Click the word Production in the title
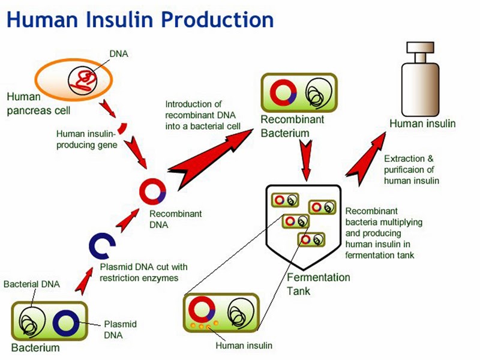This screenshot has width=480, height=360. pyautogui.click(x=217, y=20)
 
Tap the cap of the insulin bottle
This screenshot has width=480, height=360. pyautogui.click(x=420, y=47)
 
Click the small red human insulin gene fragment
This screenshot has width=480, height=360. pyautogui.click(x=122, y=128)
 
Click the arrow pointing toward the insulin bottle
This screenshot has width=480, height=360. pyautogui.click(x=366, y=159)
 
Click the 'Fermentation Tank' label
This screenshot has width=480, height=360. pyautogui.click(x=319, y=284)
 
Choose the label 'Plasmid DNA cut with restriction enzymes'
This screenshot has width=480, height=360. pyautogui.click(x=143, y=272)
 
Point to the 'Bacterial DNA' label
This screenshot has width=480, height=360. pyautogui.click(x=32, y=284)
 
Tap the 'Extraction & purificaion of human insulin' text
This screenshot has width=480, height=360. pyautogui.click(x=412, y=170)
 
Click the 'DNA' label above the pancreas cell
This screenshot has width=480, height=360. pyautogui.click(x=119, y=54)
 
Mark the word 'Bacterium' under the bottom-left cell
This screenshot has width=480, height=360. pyautogui.click(x=35, y=347)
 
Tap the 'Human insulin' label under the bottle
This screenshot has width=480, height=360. pyautogui.click(x=422, y=124)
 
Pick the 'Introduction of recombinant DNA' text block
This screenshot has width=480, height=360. pyautogui.click(x=203, y=115)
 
